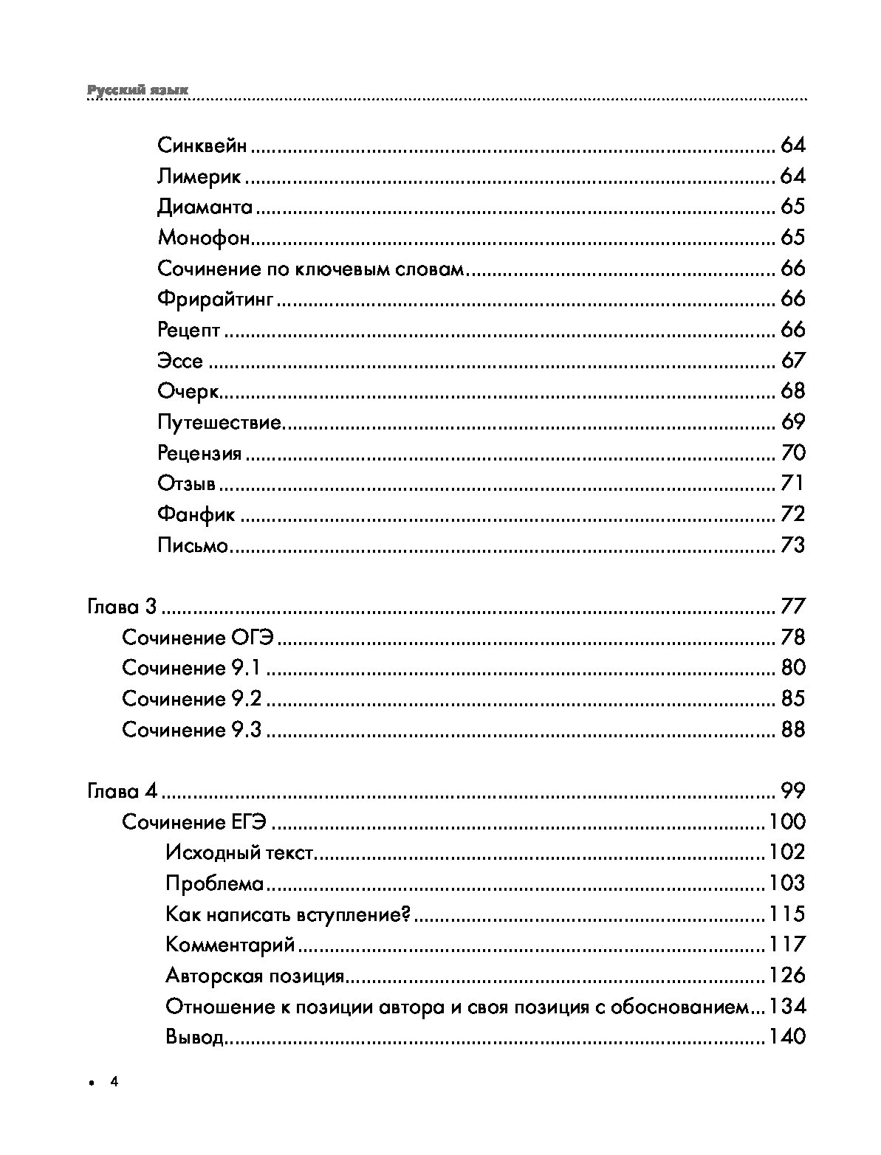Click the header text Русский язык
[138, 90]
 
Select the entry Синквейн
[202, 145]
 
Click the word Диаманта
[205, 207]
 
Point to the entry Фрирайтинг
[216, 300]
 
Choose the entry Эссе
[180, 362]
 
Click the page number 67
[792, 361]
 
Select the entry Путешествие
[220, 423]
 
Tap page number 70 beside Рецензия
[792, 452]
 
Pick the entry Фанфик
[196, 514]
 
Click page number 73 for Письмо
[792, 545]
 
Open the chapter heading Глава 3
[122, 607]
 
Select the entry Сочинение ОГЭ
[198, 638]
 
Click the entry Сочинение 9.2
[191, 699]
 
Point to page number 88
[792, 730]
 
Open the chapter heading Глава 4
[122, 792]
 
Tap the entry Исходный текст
[241, 853]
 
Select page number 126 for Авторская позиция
[786, 976]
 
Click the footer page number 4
[114, 1083]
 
